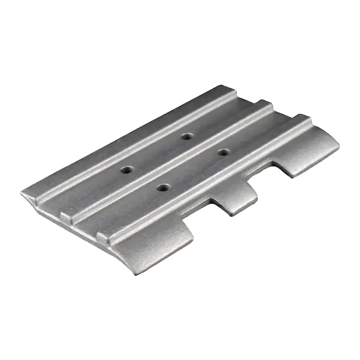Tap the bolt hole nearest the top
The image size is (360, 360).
click(x=186, y=136)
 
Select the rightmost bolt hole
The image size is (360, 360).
click(x=222, y=152)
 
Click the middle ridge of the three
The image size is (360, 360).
click(x=171, y=162)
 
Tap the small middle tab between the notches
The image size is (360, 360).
click(x=234, y=198)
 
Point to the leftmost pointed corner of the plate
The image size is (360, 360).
click(x=22, y=194)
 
